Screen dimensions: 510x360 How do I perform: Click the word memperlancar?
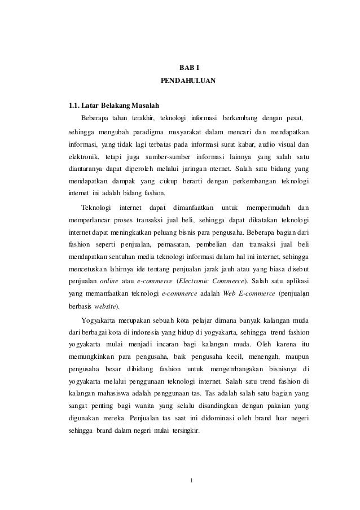86,218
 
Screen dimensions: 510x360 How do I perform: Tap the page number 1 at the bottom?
192,481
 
